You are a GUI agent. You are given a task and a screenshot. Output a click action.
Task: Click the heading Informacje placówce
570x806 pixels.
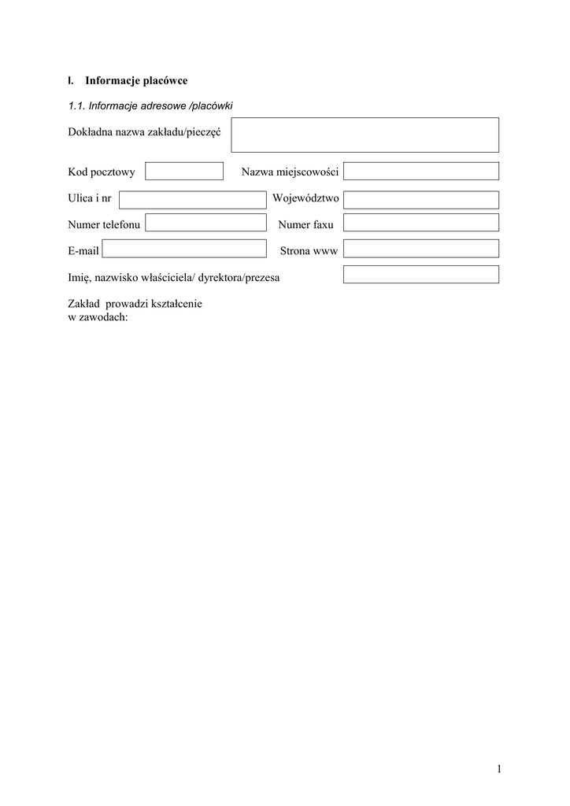(136, 80)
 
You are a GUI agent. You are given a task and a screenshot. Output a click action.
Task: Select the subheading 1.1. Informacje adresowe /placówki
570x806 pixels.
(150, 106)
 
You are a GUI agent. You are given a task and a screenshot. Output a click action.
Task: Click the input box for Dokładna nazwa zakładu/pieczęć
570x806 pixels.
(365, 135)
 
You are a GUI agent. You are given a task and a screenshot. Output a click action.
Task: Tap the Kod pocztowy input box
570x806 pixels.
(184, 171)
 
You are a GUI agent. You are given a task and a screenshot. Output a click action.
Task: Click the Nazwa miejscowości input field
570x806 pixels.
(420, 171)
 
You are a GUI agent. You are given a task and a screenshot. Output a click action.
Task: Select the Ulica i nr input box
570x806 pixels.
(192, 200)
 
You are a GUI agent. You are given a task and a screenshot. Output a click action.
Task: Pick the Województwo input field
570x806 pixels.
(420, 200)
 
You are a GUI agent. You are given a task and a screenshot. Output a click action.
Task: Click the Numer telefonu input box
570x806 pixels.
(205, 224)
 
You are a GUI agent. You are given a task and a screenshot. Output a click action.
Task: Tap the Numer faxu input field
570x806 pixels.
(420, 224)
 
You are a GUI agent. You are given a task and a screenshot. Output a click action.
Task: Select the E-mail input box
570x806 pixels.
(184, 250)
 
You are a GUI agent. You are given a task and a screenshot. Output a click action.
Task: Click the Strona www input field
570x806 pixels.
(420, 250)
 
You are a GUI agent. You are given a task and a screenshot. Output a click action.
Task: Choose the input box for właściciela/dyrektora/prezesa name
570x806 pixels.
(420, 275)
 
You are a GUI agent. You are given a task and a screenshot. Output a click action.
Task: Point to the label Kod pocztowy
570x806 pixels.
(102, 172)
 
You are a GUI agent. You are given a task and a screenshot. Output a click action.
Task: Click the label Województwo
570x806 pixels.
(305, 199)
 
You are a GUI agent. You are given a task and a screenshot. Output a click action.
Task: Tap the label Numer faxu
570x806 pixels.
(306, 225)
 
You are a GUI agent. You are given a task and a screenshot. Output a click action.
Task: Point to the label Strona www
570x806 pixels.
(309, 251)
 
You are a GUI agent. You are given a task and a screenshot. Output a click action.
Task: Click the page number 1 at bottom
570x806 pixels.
(499, 769)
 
